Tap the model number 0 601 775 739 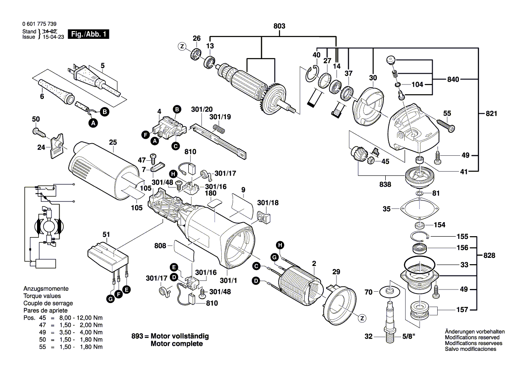(39, 24)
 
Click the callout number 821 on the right (491, 114)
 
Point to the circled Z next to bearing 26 (182, 47)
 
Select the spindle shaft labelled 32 (389, 321)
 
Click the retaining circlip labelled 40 (311, 73)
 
